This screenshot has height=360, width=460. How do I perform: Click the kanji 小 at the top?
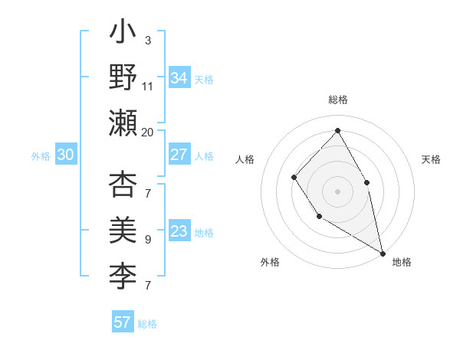[123, 34]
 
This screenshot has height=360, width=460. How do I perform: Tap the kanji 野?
[123, 77]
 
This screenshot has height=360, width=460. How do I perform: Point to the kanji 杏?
[123, 187]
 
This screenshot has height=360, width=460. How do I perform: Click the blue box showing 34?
[179, 77]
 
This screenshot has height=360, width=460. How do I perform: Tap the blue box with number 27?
[179, 155]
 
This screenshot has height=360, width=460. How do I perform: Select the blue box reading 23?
[179, 231]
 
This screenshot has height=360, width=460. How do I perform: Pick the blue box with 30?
[66, 155]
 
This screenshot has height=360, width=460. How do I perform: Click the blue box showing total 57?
[123, 322]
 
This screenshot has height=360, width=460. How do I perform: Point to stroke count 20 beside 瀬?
[148, 132]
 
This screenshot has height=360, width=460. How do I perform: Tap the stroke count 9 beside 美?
[148, 240]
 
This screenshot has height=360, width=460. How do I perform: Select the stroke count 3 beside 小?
[148, 41]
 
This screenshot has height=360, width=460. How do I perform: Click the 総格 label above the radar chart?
[337, 100]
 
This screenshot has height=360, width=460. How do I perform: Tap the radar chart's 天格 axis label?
[431, 159]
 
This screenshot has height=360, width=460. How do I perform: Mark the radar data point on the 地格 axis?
[383, 253]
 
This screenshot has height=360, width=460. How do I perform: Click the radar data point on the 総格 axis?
[337, 130]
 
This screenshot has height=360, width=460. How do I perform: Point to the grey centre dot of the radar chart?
[337, 191]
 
